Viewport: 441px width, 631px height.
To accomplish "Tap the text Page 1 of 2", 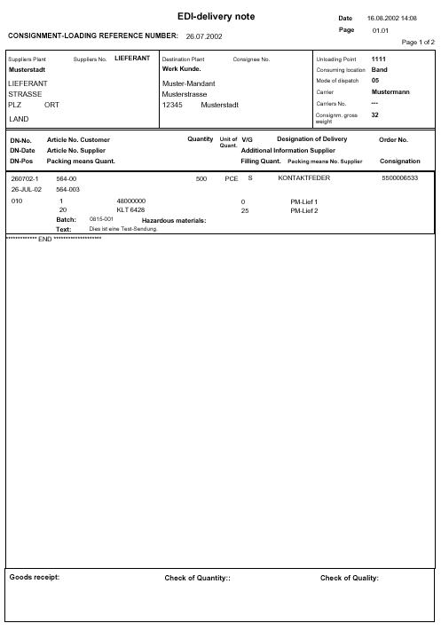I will [x=419, y=42].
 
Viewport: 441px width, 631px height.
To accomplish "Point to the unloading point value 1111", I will [x=379, y=59].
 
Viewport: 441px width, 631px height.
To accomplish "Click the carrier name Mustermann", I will [x=390, y=91].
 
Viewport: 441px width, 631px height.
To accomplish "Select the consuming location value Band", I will [x=379, y=69].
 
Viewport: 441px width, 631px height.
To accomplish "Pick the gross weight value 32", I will [x=375, y=114].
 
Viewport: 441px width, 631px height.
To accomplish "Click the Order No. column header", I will [x=393, y=139].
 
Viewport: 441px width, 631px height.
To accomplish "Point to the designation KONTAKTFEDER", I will [x=304, y=178].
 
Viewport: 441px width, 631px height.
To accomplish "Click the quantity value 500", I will [x=201, y=178].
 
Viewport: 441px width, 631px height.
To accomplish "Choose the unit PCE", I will [x=232, y=178].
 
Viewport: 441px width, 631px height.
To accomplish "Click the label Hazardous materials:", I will [x=174, y=219].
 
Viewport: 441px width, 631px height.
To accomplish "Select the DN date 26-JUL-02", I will [x=27, y=189].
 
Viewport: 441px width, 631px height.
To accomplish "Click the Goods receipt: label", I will [x=35, y=577].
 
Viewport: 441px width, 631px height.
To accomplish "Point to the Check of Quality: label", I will [x=350, y=578].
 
